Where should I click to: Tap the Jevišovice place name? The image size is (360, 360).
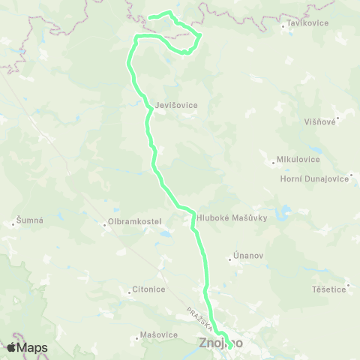pyautogui.click(x=177, y=105)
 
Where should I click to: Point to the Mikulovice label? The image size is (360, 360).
pyautogui.click(x=298, y=159)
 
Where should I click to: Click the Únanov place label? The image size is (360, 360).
pyautogui.click(x=248, y=256)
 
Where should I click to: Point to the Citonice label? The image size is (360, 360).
pyautogui.click(x=148, y=289)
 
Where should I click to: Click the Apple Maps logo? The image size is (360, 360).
pyautogui.click(x=27, y=347)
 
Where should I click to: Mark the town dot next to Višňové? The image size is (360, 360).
pyautogui.click(x=339, y=118)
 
